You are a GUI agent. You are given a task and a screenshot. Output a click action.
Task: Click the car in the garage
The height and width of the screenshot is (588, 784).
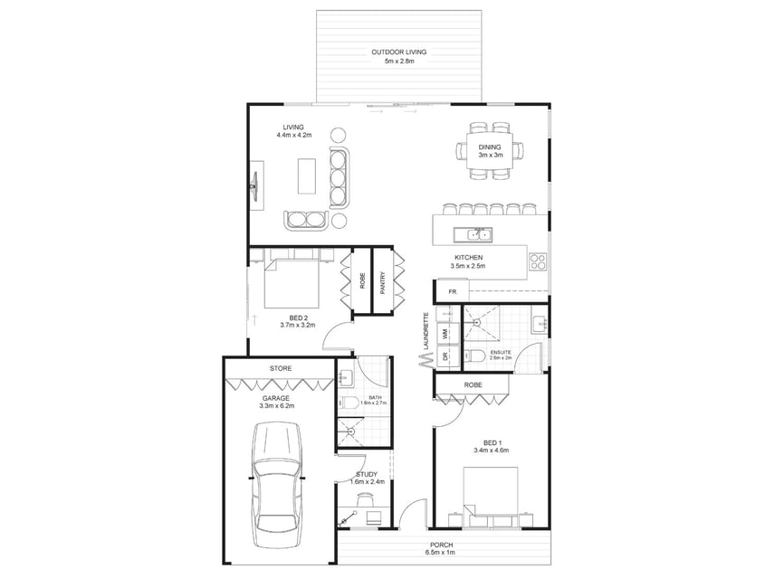click(x=278, y=485)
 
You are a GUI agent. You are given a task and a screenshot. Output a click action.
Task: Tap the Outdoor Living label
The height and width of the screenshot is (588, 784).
click(x=398, y=52)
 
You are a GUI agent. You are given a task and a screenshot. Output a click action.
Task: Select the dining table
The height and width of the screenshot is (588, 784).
click(x=490, y=151)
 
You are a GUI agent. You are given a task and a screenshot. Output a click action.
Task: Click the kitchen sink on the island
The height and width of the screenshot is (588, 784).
click(x=473, y=234)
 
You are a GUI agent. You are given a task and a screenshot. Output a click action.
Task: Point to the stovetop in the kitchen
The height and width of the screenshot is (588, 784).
click(x=538, y=261)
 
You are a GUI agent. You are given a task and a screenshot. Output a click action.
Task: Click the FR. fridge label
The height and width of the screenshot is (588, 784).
click(x=453, y=292)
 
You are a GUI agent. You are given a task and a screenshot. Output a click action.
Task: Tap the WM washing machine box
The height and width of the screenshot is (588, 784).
click(x=448, y=333)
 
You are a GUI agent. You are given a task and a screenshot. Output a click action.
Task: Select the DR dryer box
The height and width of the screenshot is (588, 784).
click(x=448, y=356)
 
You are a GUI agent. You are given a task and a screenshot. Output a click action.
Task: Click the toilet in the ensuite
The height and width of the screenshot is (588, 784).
click(x=475, y=356)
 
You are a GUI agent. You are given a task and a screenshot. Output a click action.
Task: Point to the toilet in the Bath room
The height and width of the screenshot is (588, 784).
click(x=349, y=403)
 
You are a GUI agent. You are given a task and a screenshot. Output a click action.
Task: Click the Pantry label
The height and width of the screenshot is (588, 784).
click(x=383, y=282)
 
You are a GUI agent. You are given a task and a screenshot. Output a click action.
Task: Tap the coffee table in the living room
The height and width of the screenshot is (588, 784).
click(x=307, y=175)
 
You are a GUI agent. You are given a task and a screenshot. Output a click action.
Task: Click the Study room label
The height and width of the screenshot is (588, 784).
click(x=367, y=474)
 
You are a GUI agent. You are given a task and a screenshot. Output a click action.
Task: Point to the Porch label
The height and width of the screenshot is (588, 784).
click(x=442, y=545)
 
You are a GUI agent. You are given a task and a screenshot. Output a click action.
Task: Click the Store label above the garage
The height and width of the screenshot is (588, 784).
click(x=281, y=368)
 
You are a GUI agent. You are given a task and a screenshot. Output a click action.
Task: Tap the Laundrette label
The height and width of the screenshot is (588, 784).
click(x=426, y=331)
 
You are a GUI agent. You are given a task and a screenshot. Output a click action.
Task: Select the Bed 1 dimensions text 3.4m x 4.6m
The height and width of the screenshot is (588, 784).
click(x=491, y=450)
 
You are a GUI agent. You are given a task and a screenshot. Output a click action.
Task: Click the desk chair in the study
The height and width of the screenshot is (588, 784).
click(x=365, y=498)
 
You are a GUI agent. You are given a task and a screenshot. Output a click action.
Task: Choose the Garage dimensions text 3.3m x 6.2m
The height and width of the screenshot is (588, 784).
click(x=276, y=405)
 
